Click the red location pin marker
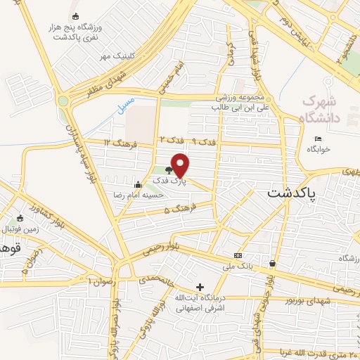pyautogui.click(x=181, y=165)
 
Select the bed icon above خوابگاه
pyautogui.click(x=318, y=139)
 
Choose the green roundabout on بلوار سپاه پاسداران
pyautogui.click(x=63, y=101)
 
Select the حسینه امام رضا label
pyautogui.click(x=139, y=194)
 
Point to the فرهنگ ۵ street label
pyautogui.click(x=176, y=209)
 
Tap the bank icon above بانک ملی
pyautogui.click(x=238, y=255)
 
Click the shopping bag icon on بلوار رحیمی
pyautogui.click(x=272, y=264)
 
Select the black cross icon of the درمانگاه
pyautogui.click(x=200, y=287)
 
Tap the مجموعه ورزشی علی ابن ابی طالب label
pyautogui.click(x=239, y=102)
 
